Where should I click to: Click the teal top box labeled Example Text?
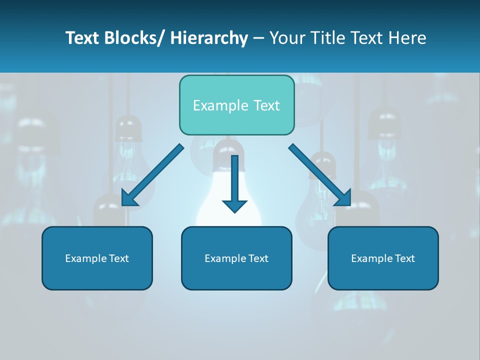(x=236, y=105)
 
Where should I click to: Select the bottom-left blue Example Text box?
(x=97, y=258)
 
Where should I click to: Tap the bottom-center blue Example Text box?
(x=236, y=258)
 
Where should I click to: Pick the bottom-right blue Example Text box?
(x=383, y=258)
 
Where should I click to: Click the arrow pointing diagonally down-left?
(x=152, y=175)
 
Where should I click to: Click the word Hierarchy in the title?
(x=209, y=38)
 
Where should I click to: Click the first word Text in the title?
(x=84, y=38)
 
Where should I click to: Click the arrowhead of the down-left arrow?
(x=128, y=199)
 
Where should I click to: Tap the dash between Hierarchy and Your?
(x=258, y=38)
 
